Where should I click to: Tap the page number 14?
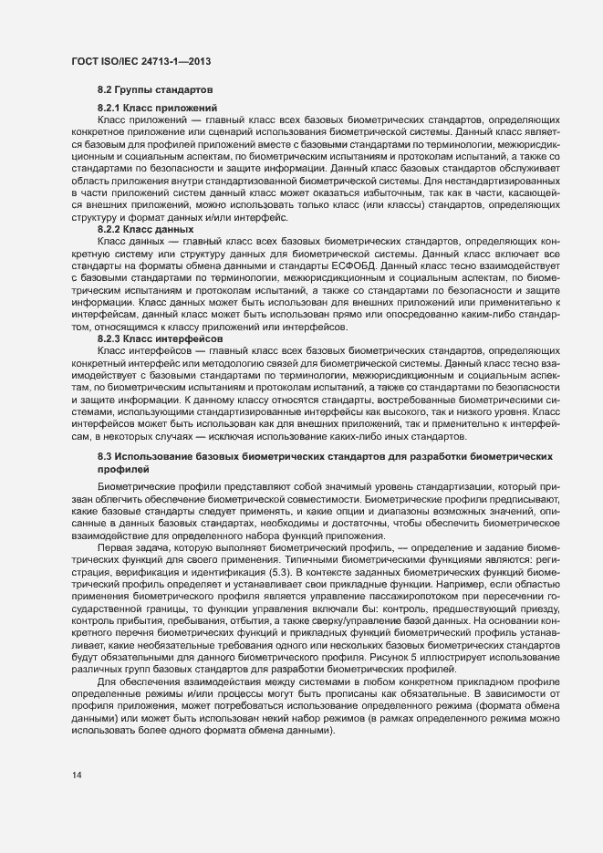76,775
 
